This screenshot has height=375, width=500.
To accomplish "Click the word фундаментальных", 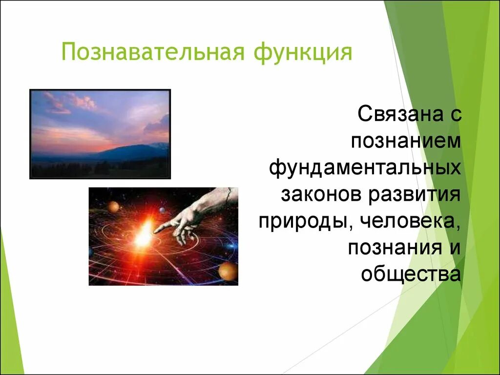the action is pos(365,168).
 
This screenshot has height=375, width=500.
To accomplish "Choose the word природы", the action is pos(303,222).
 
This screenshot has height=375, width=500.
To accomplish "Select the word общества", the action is pos(411,274).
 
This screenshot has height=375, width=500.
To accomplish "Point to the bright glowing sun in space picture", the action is pos(144,234).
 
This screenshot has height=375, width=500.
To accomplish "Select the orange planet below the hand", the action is pos(227,271).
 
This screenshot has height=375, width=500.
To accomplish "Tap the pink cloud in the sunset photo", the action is pos(83,102).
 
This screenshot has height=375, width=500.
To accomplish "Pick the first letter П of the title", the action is pos(69,52).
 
